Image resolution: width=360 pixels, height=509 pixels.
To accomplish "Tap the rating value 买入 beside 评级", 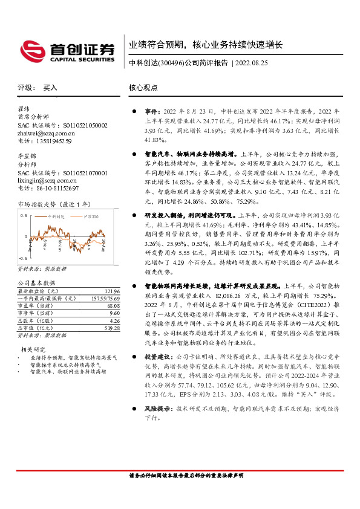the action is [50, 88].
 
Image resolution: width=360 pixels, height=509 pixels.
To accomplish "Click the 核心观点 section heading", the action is [143, 88].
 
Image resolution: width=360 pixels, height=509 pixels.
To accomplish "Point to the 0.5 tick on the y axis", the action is [23, 216].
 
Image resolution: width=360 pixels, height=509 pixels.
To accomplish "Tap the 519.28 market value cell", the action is [111, 328].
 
